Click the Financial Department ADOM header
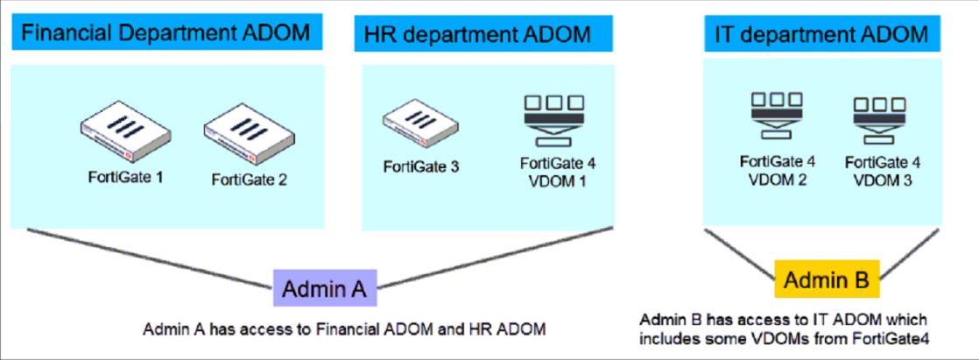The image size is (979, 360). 166,34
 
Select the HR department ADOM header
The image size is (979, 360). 477,35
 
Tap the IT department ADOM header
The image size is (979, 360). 821,34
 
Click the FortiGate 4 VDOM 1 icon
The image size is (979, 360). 552,117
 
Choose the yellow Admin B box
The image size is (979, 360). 827,280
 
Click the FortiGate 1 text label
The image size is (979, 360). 128,177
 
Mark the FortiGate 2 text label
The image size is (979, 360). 250,180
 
